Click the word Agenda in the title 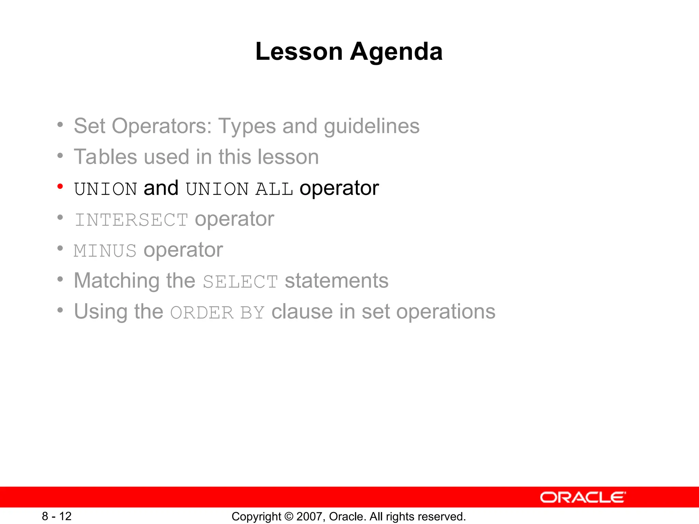(x=396, y=52)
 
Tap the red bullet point (x=60, y=186)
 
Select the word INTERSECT (x=131, y=220)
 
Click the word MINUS (x=105, y=251)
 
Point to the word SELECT (x=240, y=282)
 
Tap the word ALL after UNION (x=274, y=189)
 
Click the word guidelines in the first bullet (x=371, y=126)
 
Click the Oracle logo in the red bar (x=583, y=497)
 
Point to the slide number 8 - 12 (x=57, y=516)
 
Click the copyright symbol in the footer (x=289, y=516)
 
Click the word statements (x=337, y=281)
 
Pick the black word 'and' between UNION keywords (x=161, y=188)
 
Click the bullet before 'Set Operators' (x=60, y=125)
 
